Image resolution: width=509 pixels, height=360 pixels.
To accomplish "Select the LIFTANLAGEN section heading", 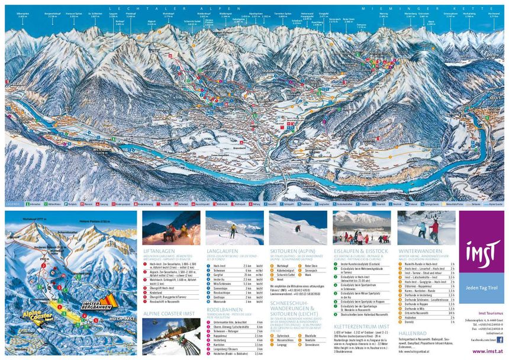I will coord(160,251).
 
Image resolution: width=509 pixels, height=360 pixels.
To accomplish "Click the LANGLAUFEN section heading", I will coord(222,251).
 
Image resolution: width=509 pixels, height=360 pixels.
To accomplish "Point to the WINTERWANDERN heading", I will coord(420,251).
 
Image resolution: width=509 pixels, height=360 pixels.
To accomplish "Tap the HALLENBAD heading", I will coord(413,333).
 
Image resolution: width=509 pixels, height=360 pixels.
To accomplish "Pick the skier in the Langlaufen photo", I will coord(233,229).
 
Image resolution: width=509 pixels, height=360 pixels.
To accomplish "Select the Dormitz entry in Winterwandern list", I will coord(410,320).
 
